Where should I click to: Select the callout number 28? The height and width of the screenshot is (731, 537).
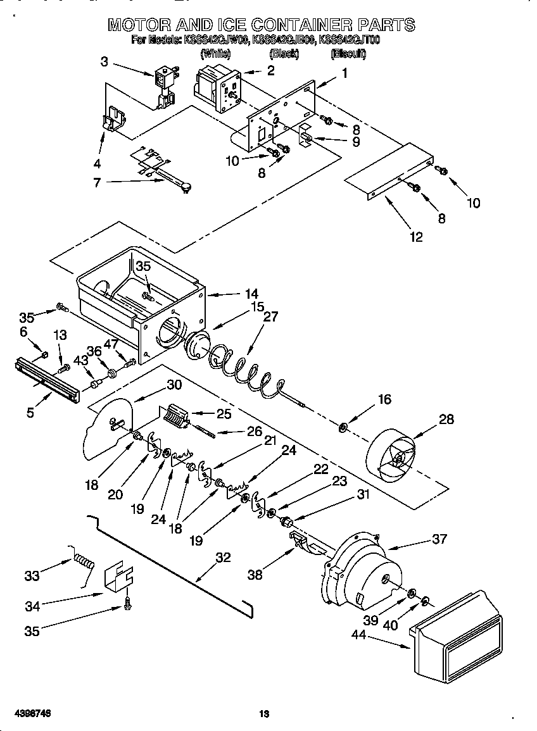coord(446,420)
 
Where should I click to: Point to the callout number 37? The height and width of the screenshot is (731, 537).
coord(439,539)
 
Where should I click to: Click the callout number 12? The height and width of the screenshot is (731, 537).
coord(415,237)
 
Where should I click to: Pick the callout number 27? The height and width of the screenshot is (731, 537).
coord(270,317)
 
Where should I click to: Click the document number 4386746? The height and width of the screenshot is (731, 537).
coord(26,714)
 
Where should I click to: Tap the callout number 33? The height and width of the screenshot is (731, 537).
coord(32,575)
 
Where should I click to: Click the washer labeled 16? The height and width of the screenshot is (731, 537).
coord(343,430)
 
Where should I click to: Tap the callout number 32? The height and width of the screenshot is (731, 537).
coord(223,558)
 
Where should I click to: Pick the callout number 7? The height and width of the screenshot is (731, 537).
coord(98,183)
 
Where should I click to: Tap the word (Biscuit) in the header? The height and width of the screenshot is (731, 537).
coord(348,54)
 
